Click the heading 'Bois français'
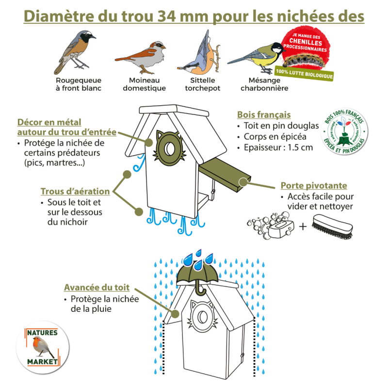[264, 115]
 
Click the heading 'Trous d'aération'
[75, 192]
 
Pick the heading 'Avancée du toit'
[97, 288]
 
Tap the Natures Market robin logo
[41, 347]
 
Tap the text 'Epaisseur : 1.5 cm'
[278, 147]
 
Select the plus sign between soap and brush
[303, 226]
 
